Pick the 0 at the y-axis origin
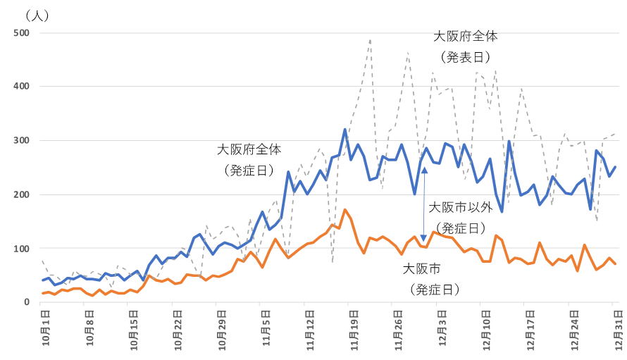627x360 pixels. pyautogui.click(x=26, y=302)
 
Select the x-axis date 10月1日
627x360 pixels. pyautogui.click(x=44, y=328)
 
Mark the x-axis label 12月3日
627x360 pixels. pyautogui.click(x=439, y=328)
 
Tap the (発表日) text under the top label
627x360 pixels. pyautogui.click(x=465, y=56)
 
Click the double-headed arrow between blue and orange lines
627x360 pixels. pyautogui.click(x=424, y=204)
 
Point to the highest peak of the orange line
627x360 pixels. pyautogui.click(x=345, y=210)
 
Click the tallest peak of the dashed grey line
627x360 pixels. pyautogui.click(x=370, y=40)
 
